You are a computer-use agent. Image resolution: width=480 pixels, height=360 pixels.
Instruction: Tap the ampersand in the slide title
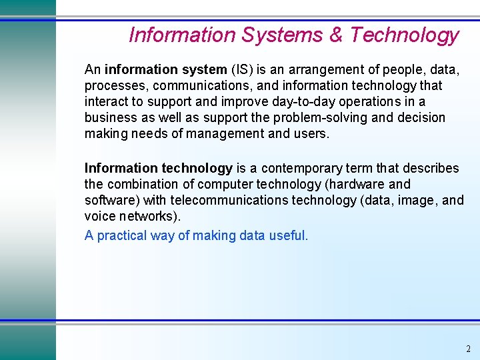tap(336, 35)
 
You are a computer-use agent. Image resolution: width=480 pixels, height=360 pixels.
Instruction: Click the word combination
tap(143, 184)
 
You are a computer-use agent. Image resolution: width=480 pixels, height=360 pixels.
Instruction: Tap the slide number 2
tap(468, 349)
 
